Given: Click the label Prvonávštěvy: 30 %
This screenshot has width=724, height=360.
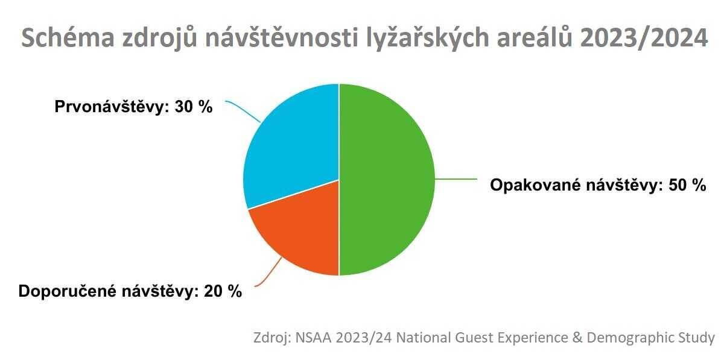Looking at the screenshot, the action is coord(133,107).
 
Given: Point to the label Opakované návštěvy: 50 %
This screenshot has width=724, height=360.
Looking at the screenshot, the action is coord(598,186).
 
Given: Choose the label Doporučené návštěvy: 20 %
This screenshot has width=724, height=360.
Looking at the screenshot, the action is coord(130,291).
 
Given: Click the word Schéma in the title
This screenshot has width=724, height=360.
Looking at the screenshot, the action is coord(68,39).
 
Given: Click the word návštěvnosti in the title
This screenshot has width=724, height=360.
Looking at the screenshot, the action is coord(282,38).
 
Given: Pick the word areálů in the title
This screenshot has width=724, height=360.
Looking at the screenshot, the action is coord(535,38).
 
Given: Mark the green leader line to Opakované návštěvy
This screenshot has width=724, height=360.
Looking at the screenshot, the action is coord(456,178).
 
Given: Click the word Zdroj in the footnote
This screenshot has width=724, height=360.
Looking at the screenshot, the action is coord(271,338).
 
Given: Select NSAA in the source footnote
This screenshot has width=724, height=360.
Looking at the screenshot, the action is coord(313,338).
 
